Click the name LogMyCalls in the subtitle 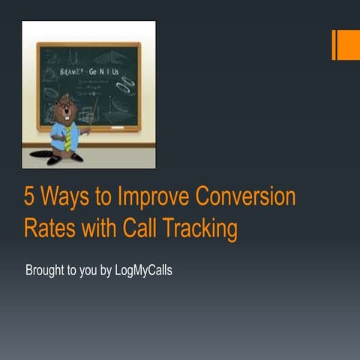[142, 270]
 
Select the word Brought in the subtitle [46, 270]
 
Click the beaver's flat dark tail [40, 154]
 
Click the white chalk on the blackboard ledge [118, 127]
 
